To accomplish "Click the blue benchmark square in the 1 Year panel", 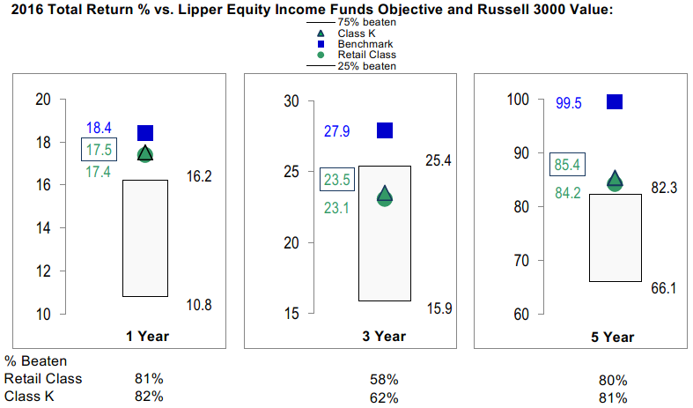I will pos(145,133).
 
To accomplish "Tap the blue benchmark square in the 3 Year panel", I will pos(385,130).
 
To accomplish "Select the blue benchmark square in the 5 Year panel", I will pos(615,102).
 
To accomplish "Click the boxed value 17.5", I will pos(99,150).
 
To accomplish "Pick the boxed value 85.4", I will pos(567,165).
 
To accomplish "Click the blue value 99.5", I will pos(569,103).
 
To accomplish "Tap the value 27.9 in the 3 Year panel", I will pos(337,131).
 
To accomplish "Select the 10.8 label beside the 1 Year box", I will pos(199,305).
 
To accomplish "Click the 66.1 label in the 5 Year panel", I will pos(663,288).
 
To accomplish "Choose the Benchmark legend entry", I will pos(364,43).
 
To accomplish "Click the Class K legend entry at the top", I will pos(356,33).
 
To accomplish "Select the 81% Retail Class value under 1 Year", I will pos(149,379).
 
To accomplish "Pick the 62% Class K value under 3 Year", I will pos(384,397).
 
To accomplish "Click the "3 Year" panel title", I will pos(384,336).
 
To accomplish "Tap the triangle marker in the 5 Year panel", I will pos(615,180).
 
